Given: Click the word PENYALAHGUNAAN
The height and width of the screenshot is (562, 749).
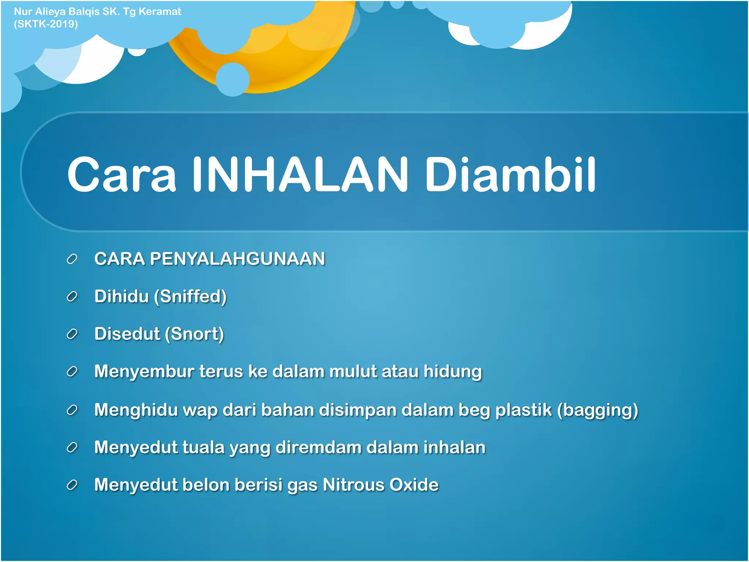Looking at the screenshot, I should (237, 259).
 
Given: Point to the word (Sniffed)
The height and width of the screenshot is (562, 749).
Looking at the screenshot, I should (190, 297).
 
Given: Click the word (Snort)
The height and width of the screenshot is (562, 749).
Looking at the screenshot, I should (194, 334).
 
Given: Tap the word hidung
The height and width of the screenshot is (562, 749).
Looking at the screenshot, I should (452, 372).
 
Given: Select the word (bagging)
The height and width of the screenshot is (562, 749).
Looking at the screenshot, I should (597, 410).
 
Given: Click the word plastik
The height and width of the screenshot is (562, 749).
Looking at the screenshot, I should (523, 410).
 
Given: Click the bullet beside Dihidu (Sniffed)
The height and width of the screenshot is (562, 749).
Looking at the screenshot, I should (72, 297).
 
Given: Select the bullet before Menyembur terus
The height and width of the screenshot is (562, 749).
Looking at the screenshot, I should (72, 372).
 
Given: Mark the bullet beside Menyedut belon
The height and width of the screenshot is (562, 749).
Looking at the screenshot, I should (72, 485).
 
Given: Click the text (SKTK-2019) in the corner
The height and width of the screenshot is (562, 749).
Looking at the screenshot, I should (46, 24).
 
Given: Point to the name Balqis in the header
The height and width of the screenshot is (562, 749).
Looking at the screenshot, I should (84, 11).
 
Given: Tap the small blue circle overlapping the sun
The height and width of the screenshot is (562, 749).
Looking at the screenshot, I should (233, 79).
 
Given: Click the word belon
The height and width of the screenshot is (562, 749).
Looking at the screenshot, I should (206, 485).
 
